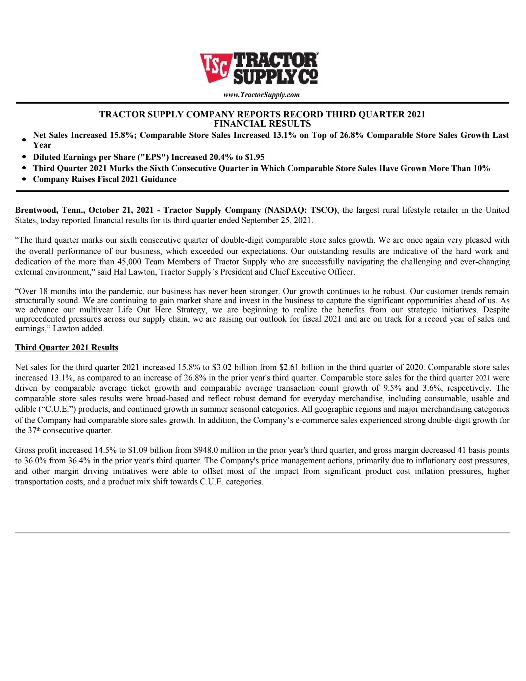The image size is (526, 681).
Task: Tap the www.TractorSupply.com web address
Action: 261,95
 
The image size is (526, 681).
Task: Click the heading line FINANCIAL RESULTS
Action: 262,124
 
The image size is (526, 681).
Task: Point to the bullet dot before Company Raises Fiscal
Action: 24,180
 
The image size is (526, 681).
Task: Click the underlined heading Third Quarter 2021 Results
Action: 66,348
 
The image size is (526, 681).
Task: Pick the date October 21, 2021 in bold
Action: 121,210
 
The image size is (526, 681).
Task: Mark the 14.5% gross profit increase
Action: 106,450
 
